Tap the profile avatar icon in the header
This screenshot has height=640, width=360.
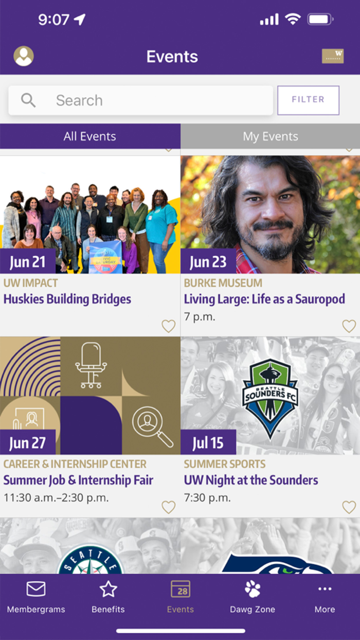click(x=24, y=56)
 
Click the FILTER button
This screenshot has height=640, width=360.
click(x=308, y=100)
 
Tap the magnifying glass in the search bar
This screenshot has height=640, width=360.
click(x=28, y=100)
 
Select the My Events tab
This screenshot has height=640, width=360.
click(x=270, y=136)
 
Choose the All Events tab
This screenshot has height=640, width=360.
click(x=90, y=136)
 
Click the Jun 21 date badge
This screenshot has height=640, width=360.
click(x=28, y=262)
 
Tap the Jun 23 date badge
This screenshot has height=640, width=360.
click(x=208, y=262)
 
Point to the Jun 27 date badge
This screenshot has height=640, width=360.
click(x=28, y=443)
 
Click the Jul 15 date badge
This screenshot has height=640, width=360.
click(x=208, y=443)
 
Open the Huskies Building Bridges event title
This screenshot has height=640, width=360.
click(x=67, y=299)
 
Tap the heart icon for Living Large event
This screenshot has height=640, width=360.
click(x=349, y=326)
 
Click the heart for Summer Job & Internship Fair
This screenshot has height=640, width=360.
click(x=168, y=507)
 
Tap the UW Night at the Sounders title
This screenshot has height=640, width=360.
click(x=251, y=480)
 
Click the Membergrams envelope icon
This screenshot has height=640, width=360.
click(x=36, y=589)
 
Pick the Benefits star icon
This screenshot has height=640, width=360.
click(x=108, y=589)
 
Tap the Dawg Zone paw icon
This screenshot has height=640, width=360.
click(x=253, y=589)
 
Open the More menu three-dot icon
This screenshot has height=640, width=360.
click(x=325, y=589)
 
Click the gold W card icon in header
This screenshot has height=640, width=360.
click(x=333, y=56)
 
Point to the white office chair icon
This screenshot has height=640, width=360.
click(x=91, y=365)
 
